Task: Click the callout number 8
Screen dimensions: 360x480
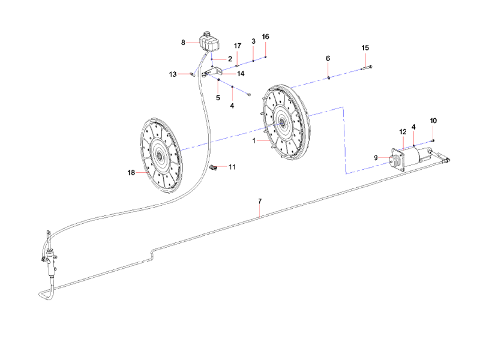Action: [184, 42]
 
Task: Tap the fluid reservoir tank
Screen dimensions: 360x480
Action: [208, 41]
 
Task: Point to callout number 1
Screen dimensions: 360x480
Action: [254, 140]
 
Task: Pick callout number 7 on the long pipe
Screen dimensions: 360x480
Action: [260, 200]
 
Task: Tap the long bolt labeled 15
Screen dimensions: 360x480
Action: [367, 67]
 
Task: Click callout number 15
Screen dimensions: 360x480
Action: [365, 47]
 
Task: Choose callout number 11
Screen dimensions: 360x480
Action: [232, 166]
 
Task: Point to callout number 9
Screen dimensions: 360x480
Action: [377, 158]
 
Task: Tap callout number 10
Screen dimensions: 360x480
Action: [433, 121]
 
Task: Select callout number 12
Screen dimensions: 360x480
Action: [403, 131]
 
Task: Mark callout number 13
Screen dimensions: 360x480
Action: [173, 74]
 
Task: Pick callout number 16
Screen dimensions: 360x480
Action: [266, 37]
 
